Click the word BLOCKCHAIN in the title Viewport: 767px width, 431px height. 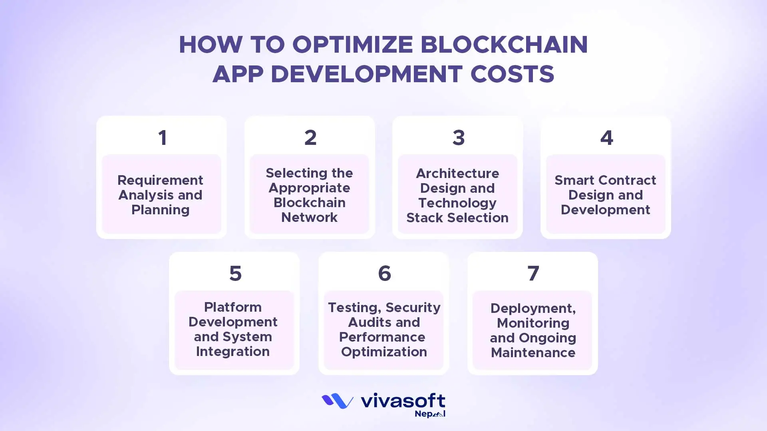[504, 44]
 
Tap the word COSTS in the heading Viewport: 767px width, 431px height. [513, 74]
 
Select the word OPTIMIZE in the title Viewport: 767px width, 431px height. [353, 44]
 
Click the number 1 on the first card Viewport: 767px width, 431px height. [162, 138]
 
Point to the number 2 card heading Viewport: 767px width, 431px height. [310, 138]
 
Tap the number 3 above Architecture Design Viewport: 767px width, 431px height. [459, 138]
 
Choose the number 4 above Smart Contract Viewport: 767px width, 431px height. [606, 138]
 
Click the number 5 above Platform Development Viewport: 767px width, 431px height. [235, 274]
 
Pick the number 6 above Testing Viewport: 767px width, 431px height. [385, 274]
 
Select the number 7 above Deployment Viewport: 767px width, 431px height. [533, 274]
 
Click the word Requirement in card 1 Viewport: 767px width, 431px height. [160, 181]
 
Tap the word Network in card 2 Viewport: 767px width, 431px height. [310, 217]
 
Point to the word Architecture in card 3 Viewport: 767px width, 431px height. [457, 173]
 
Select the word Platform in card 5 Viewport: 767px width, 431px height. [233, 307]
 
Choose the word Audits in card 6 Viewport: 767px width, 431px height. [366, 322]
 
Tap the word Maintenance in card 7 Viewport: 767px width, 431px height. [533, 353]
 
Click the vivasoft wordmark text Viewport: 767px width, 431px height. [403, 401]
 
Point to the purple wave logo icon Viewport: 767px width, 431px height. [338, 401]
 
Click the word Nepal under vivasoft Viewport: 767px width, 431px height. [430, 414]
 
